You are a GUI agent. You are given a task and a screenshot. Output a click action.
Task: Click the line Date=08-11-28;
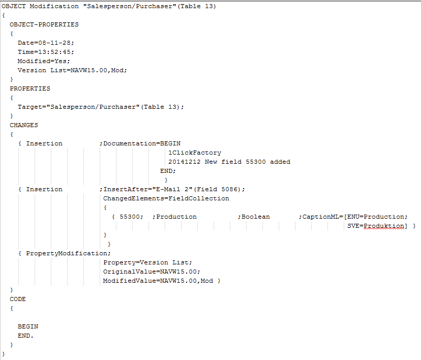tap(46, 43)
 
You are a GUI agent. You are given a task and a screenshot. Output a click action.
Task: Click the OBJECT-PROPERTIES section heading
tap(44, 24)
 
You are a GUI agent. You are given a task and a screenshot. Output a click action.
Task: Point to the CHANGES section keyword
tap(23, 125)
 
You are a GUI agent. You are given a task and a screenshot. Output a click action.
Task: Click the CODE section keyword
tap(17, 299)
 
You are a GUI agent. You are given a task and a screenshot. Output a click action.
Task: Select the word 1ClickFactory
tap(195, 153)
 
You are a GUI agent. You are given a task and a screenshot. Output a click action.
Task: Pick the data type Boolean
tap(256, 217)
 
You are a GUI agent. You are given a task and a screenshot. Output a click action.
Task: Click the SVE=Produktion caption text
tap(377, 226)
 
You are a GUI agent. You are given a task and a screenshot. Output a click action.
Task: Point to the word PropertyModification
tap(67, 253)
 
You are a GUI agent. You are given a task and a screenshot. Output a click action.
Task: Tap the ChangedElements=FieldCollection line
tap(166, 198)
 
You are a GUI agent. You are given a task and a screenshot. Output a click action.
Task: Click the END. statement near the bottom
tap(25, 336)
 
